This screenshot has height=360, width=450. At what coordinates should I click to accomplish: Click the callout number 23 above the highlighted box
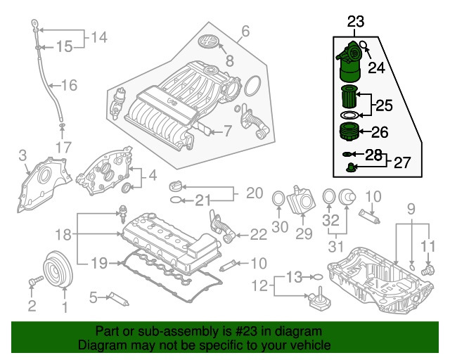[355, 22]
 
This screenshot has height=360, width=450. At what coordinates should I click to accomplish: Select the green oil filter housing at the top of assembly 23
[349, 60]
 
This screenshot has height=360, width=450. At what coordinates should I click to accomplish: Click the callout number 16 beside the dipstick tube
[68, 86]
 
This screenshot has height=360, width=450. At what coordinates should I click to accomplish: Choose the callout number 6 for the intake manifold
[245, 31]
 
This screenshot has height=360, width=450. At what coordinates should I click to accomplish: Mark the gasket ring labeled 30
[278, 200]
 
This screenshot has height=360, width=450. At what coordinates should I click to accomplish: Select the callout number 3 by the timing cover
[22, 155]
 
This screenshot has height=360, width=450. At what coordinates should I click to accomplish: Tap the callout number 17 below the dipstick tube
[64, 148]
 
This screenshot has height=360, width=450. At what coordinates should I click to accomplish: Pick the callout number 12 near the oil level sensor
[261, 285]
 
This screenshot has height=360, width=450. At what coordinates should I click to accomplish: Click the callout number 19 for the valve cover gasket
[99, 263]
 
